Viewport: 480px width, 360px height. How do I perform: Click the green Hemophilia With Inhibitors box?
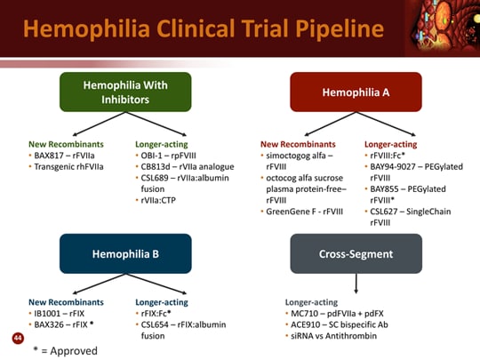pyautogui.click(x=125, y=92)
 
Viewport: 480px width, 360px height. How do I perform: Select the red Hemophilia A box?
pyautogui.click(x=356, y=92)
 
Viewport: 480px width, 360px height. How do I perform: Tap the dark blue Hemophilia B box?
pyautogui.click(x=125, y=253)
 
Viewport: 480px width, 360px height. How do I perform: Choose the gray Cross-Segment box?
pyautogui.click(x=356, y=253)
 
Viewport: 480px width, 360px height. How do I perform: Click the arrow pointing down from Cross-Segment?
pyautogui.click(x=356, y=284)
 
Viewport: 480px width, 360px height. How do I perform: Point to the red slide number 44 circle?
pyautogui.click(x=18, y=338)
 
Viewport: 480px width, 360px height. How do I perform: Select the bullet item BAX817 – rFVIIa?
pyautogui.click(x=64, y=156)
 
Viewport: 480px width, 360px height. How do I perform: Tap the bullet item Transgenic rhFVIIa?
pyautogui.click(x=68, y=167)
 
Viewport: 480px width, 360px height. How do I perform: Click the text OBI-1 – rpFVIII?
pyautogui.click(x=168, y=156)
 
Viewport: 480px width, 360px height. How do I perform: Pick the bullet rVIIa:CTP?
pyautogui.click(x=158, y=200)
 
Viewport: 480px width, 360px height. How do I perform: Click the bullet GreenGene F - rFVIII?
pyautogui.click(x=305, y=212)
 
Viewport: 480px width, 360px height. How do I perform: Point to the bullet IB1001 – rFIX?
pyautogui.click(x=60, y=314)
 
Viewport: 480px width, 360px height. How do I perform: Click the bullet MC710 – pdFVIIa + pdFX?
pyautogui.click(x=337, y=314)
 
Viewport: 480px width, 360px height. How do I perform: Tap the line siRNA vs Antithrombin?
pyautogui.click(x=333, y=336)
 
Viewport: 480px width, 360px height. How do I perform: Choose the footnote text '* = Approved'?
pyautogui.click(x=65, y=351)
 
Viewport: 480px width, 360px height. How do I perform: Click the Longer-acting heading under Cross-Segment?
pyautogui.click(x=311, y=302)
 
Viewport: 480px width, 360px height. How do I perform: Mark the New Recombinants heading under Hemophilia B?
pyautogui.click(x=66, y=302)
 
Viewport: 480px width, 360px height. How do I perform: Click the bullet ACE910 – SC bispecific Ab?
pyautogui.click(x=340, y=324)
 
